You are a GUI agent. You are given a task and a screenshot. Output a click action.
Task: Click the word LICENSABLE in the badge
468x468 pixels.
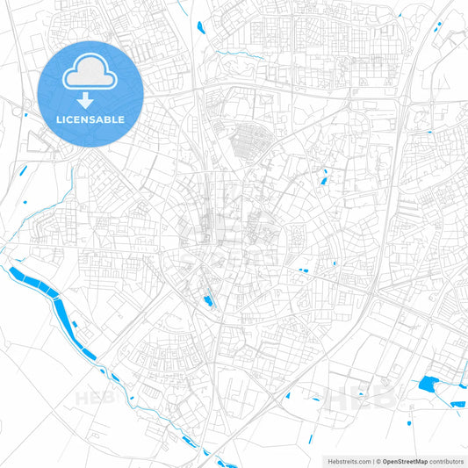click(90, 119)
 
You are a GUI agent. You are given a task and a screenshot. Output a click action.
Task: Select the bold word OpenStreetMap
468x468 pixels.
click(404, 460)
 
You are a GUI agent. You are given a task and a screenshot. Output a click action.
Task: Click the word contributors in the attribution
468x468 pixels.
click(444, 460)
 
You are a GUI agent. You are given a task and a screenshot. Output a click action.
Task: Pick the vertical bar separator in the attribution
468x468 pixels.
click(374, 460)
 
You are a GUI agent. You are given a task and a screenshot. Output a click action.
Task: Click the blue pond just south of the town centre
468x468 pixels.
click(208, 302)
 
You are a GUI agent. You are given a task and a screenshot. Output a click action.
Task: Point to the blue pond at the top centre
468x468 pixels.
click(200, 25)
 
